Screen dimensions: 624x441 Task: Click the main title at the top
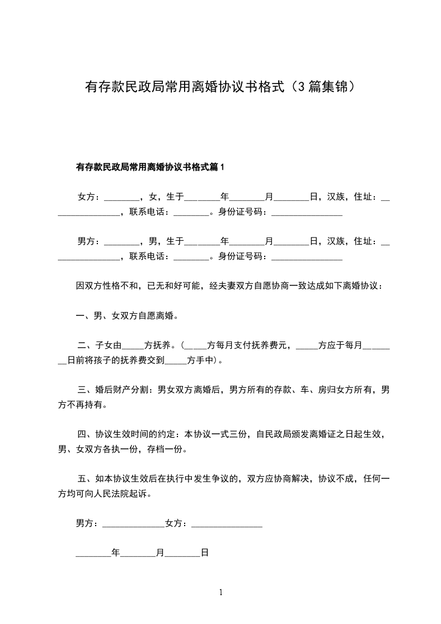click(x=220, y=87)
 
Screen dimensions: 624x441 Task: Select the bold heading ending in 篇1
click(x=150, y=167)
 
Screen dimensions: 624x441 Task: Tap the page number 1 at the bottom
click(x=221, y=592)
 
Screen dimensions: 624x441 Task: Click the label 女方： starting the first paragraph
click(x=89, y=197)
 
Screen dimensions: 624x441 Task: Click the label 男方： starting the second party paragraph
click(x=89, y=241)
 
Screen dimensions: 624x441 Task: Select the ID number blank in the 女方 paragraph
click(x=306, y=212)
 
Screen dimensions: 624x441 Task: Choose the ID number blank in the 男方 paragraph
click(x=306, y=257)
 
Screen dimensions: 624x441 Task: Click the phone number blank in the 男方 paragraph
click(x=191, y=257)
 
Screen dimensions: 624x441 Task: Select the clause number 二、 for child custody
click(x=86, y=345)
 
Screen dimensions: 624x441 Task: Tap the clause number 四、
click(x=86, y=434)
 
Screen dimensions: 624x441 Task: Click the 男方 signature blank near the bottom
click(x=133, y=524)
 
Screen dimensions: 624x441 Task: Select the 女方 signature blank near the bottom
click(x=226, y=524)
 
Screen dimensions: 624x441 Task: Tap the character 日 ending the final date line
click(x=204, y=553)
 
